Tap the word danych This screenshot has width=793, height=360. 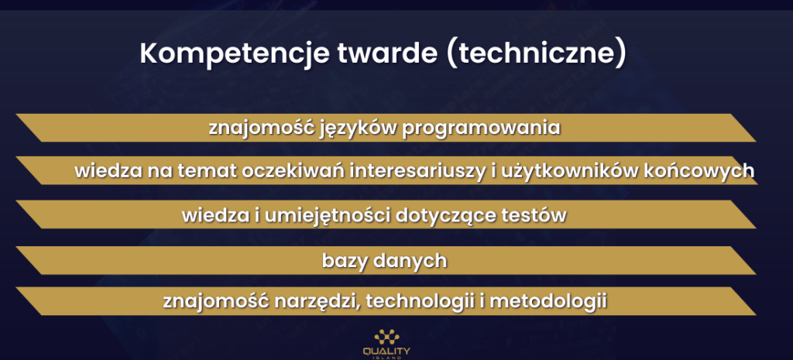pyautogui.click(x=410, y=262)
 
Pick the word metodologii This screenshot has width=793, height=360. pyautogui.click(x=549, y=301)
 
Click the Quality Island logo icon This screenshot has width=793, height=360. pyautogui.click(x=387, y=338)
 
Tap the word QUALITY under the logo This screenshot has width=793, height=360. pyautogui.click(x=387, y=351)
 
